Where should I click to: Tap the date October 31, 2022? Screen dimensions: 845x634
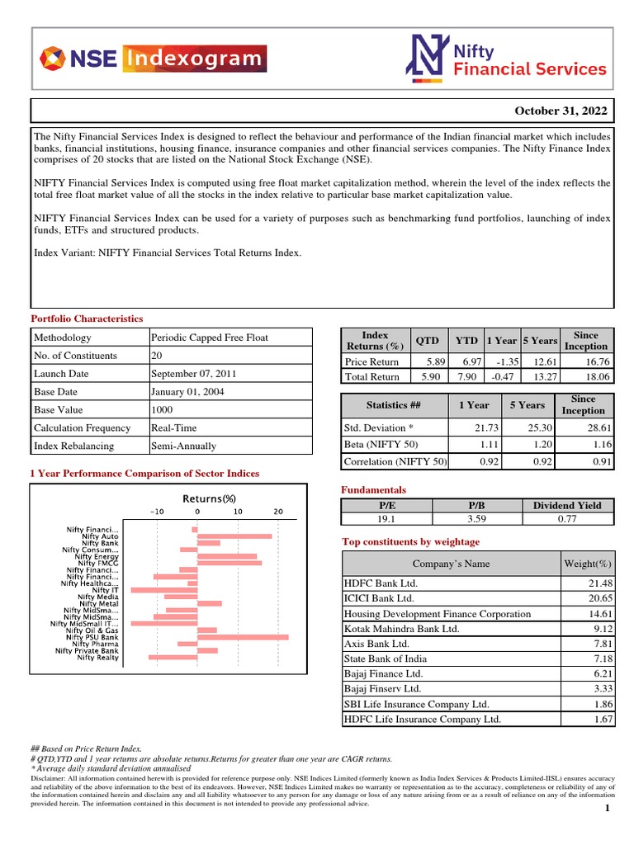click(x=561, y=111)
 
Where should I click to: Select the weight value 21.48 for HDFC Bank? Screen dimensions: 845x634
click(x=597, y=583)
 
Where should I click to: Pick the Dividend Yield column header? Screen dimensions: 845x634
click(x=567, y=505)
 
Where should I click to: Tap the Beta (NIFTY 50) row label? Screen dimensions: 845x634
click(x=382, y=444)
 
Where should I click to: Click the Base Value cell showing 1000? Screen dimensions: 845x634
click(x=162, y=409)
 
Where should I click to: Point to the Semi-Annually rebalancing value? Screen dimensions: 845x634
click(x=183, y=446)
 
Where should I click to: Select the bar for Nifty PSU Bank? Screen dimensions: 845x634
click(x=244, y=637)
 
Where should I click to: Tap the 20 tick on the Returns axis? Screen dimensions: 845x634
click(x=278, y=512)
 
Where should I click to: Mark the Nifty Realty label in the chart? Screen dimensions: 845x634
click(x=97, y=658)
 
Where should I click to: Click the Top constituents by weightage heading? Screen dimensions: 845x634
click(x=410, y=541)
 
